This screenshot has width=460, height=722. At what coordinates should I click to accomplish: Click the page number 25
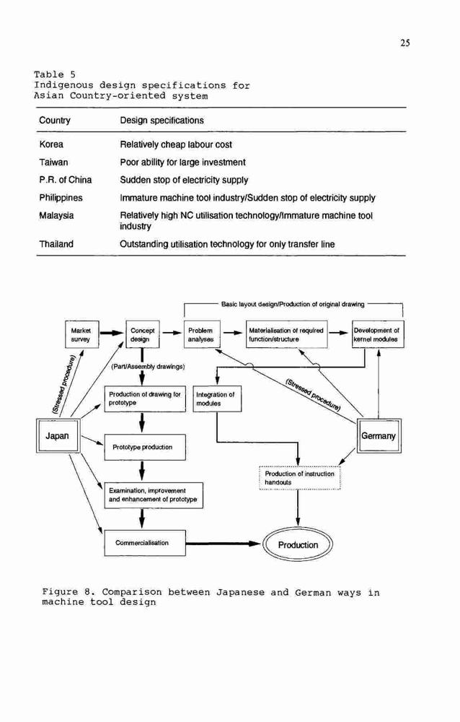[404, 43]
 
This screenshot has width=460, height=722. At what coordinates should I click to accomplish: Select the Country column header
[55, 121]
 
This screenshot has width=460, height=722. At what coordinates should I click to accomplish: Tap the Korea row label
[51, 144]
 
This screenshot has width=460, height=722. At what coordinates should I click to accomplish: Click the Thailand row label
[56, 244]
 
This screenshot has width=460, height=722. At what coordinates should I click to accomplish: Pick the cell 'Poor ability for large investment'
[182, 162]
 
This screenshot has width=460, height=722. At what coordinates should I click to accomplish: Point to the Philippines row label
[61, 198]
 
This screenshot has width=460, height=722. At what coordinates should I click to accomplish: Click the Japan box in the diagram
[57, 435]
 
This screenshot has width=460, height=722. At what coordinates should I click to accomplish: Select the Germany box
[379, 435]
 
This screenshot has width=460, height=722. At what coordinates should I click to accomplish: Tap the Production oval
[298, 544]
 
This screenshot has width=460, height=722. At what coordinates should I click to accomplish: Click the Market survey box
[81, 335]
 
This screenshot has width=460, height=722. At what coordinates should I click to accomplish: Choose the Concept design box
[143, 335]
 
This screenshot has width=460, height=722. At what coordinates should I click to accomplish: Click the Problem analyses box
[201, 335]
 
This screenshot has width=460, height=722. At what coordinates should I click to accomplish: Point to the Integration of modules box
[216, 399]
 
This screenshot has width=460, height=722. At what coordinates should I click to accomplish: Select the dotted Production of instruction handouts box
[299, 478]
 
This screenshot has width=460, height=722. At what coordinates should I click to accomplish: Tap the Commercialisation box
[145, 543]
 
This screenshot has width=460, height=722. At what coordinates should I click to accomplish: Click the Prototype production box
[145, 447]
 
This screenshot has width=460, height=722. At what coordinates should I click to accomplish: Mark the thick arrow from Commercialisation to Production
[224, 544]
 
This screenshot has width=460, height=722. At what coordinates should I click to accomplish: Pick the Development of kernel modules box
[378, 335]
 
